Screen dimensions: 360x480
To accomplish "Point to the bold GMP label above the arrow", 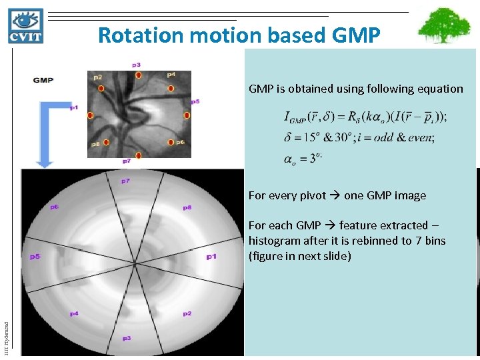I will coord(43,81).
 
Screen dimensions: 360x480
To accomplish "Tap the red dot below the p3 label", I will coord(138,76).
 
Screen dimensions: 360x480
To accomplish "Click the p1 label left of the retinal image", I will coord(73,107).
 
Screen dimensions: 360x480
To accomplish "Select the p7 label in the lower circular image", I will coord(125,181).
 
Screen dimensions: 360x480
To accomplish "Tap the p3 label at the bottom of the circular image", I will coord(127,338).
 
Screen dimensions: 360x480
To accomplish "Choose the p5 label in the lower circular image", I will coord(34,256).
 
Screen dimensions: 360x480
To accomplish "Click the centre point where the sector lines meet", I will coord(135,264).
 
